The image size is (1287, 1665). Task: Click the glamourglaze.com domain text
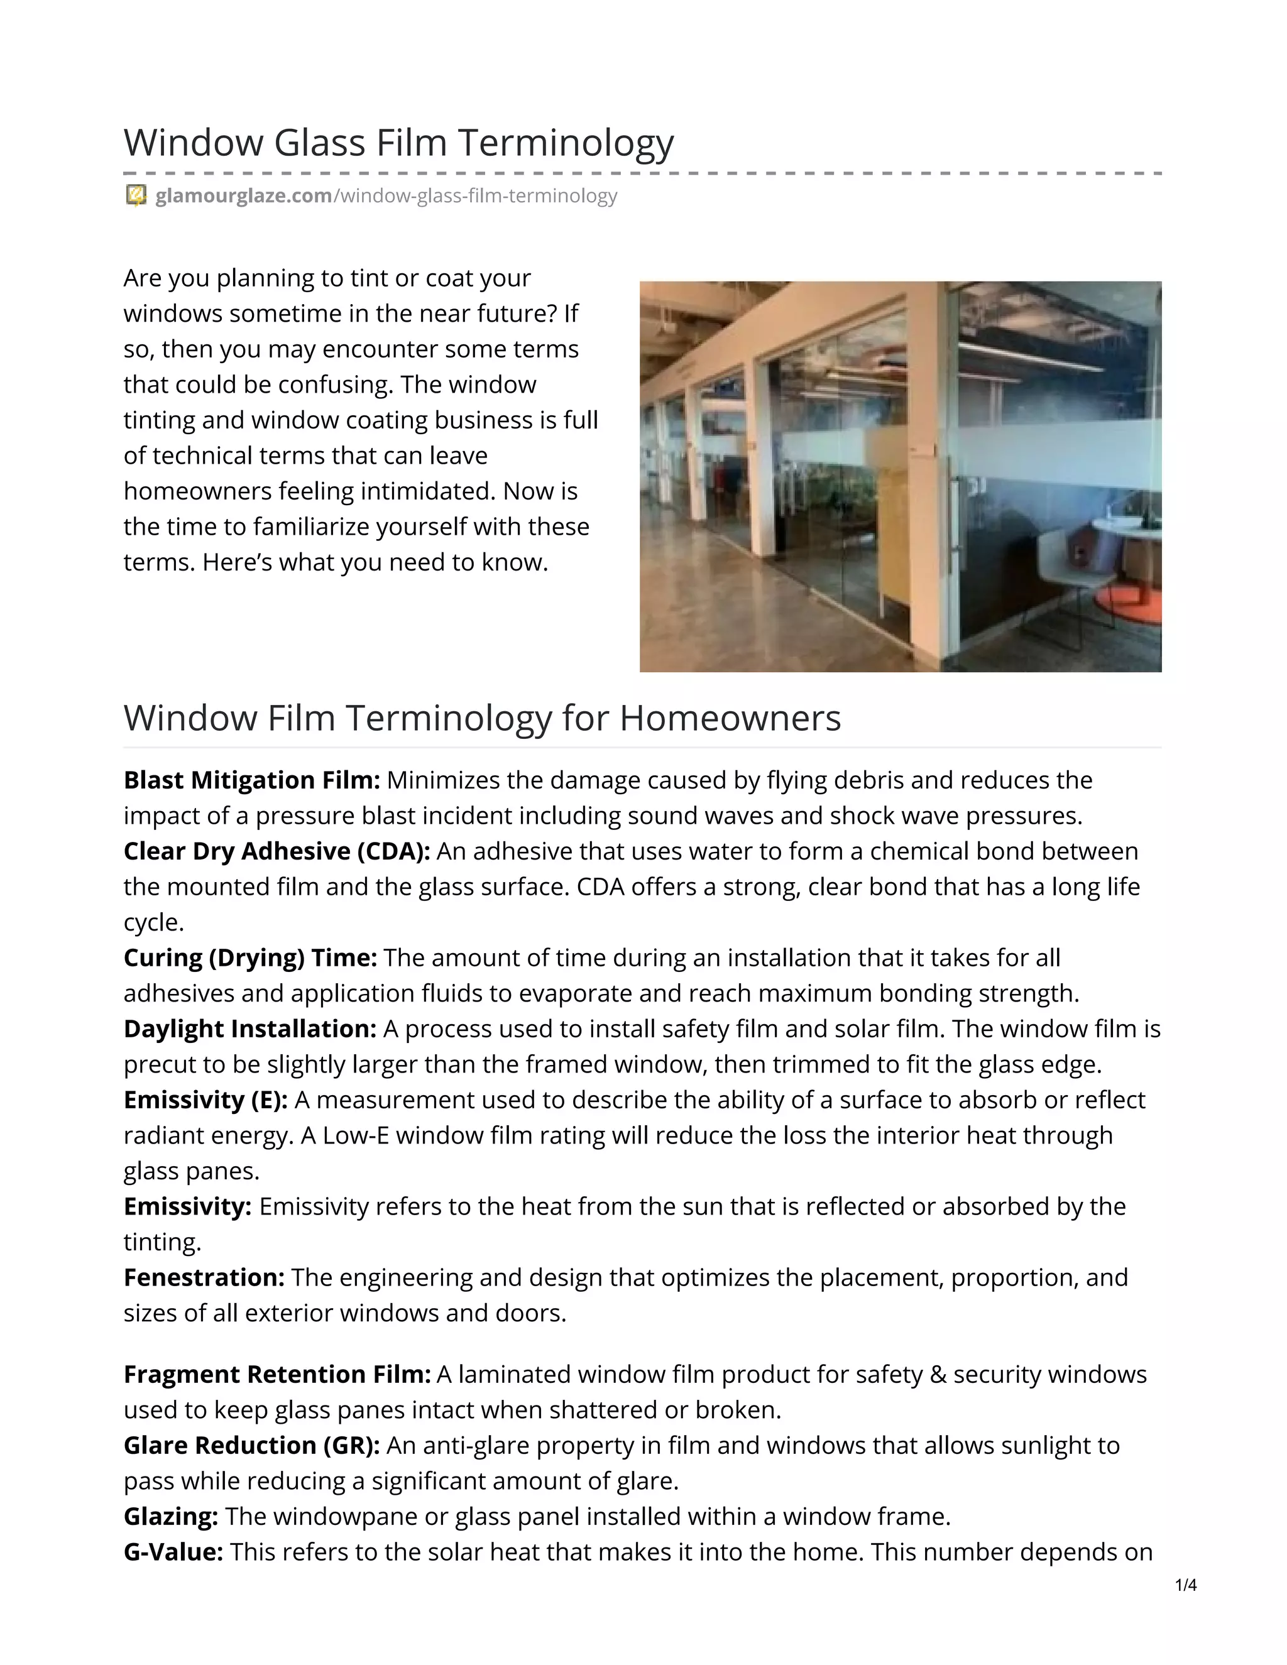pos(243,196)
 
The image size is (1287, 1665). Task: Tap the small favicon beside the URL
pos(136,196)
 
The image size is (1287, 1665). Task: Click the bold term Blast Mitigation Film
pos(251,780)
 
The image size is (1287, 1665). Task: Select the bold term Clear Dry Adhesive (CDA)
pos(277,851)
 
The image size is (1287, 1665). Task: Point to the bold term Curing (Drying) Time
pos(250,958)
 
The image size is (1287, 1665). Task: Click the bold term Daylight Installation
pos(250,1029)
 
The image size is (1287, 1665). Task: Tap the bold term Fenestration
pos(204,1277)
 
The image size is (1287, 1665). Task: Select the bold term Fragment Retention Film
pos(277,1373)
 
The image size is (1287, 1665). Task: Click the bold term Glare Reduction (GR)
pos(251,1444)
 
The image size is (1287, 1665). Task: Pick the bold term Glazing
pos(171,1515)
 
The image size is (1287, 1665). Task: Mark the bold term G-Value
pos(173,1551)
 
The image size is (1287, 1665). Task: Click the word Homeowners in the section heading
pos(730,718)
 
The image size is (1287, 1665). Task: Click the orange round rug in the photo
pos(1136,603)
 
